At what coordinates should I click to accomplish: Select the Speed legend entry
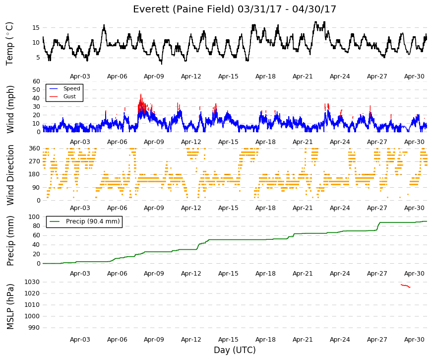point(71,88)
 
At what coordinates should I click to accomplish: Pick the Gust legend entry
point(69,96)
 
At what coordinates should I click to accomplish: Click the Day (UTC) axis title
point(235,350)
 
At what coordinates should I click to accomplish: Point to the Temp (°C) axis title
point(9,44)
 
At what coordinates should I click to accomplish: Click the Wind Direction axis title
point(10,175)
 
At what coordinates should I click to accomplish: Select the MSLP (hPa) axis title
point(10,306)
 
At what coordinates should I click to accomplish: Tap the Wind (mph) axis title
point(10,109)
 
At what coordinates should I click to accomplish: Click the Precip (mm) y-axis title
point(10,240)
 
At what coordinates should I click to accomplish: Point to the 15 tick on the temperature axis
point(36,28)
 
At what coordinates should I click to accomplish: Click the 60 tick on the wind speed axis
point(36,81)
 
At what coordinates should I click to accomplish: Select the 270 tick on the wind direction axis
point(35,161)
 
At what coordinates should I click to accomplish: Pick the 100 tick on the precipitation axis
point(35,217)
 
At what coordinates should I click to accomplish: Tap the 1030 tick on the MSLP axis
point(32,282)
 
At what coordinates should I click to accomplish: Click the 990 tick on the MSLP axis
point(34,328)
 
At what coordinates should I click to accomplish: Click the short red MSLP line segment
point(406,286)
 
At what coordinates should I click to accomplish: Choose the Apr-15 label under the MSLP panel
point(228,340)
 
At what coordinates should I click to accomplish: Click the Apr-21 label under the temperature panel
point(303,76)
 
